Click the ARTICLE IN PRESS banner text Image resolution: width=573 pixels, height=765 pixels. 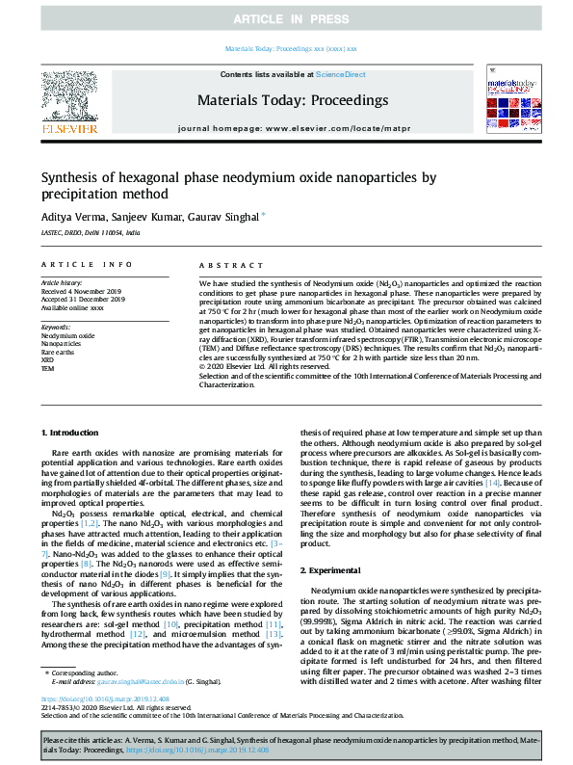point(286,18)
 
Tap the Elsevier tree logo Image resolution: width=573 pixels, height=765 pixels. point(68,101)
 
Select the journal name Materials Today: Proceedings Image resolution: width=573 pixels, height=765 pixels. point(293,99)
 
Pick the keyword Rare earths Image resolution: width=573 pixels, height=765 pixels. point(59,352)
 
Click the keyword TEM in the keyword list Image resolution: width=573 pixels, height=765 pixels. point(48,367)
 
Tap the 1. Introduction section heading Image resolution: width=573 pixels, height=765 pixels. point(74,435)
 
